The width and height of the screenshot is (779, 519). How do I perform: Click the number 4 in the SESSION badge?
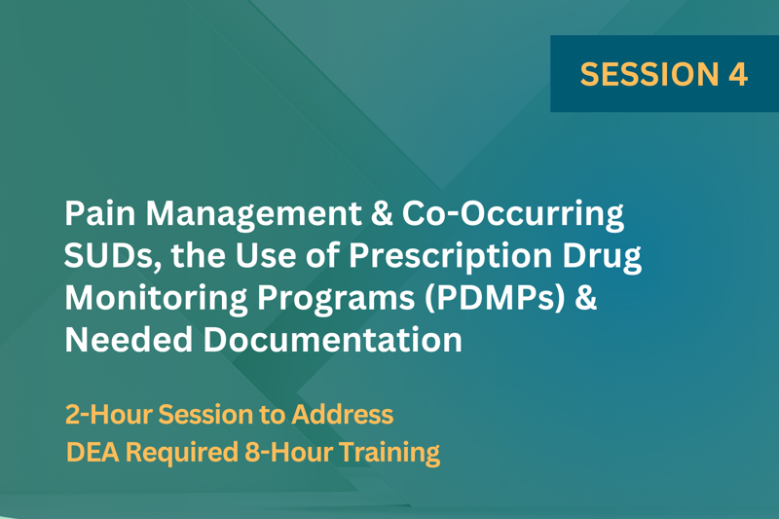pyautogui.click(x=738, y=74)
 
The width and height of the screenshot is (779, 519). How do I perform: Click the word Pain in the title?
pyautogui.click(x=100, y=213)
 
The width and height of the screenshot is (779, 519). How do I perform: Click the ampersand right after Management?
pyautogui.click(x=382, y=213)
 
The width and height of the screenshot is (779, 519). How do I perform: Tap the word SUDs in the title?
pyautogui.click(x=113, y=256)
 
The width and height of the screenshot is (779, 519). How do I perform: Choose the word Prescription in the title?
pyautogui.click(x=450, y=257)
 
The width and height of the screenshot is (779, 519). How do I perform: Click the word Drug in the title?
pyautogui.click(x=602, y=257)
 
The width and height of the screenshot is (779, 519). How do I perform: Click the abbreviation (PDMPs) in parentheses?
pyautogui.click(x=496, y=299)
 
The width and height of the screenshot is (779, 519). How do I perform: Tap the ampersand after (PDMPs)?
pyautogui.click(x=586, y=298)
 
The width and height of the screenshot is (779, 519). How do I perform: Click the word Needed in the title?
pyautogui.click(x=129, y=340)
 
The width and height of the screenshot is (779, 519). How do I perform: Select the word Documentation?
pyautogui.click(x=332, y=340)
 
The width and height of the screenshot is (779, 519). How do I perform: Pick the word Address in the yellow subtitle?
pyautogui.click(x=343, y=414)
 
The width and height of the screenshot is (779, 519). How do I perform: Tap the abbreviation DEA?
pyautogui.click(x=93, y=452)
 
